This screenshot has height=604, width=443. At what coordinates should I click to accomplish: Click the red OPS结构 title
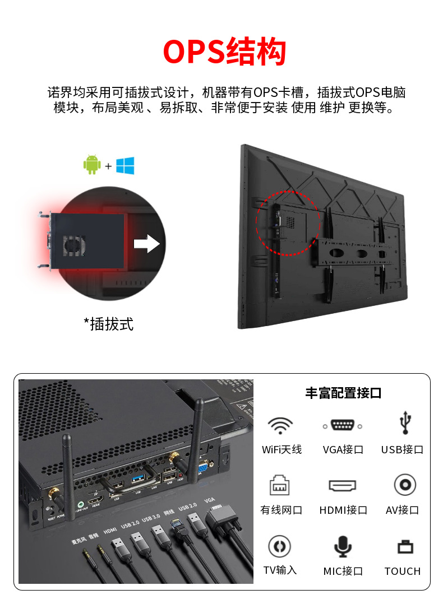click(224, 52)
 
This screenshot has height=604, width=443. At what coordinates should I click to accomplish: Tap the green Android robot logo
click(91, 165)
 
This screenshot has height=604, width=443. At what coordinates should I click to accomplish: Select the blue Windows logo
click(125, 165)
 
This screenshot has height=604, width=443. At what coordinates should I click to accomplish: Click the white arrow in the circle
click(146, 243)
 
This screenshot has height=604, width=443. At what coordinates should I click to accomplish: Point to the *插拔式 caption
click(109, 323)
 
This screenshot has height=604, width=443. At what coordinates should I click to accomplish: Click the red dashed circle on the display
click(288, 222)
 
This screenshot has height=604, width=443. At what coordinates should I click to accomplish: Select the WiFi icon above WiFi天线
click(280, 425)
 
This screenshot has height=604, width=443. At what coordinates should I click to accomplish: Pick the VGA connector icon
click(343, 425)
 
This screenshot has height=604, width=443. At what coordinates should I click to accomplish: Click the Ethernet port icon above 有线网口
click(279, 485)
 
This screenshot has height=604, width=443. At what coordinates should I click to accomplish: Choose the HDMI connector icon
click(343, 485)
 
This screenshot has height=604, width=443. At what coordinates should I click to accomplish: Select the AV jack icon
click(404, 485)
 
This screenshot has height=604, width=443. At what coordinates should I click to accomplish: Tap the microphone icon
click(343, 546)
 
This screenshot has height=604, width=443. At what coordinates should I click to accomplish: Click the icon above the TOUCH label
click(404, 546)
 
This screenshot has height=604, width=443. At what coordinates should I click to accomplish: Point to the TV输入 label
click(280, 570)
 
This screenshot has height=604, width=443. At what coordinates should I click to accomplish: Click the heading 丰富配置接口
click(343, 393)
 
